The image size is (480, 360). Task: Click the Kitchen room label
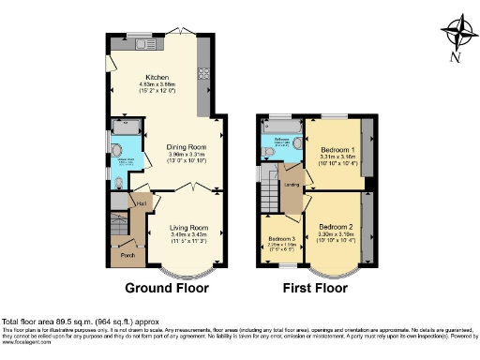pyautogui.click(x=156, y=78)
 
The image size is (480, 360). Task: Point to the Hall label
pyautogui.click(x=142, y=201)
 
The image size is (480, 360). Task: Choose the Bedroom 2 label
pyautogui.click(x=335, y=227)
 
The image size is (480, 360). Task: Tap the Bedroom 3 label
pyautogui.click(x=279, y=239)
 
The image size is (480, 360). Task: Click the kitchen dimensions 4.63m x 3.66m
pyautogui.click(x=156, y=86)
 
